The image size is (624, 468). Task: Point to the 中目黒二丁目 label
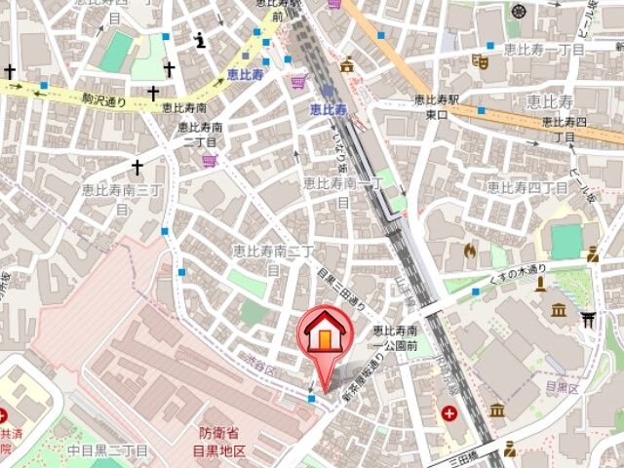pos(108,450)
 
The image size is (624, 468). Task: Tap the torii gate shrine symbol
pos(586,316)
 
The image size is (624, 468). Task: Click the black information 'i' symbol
pos(200,40)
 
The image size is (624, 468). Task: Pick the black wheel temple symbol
pos(517,12)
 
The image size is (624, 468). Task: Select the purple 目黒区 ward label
pos(563,387)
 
